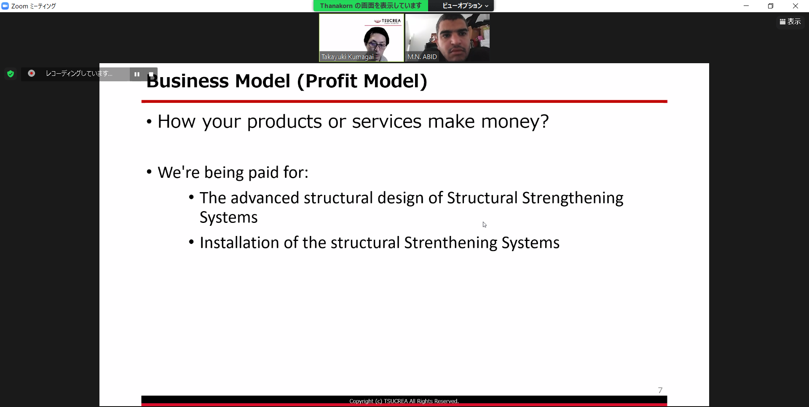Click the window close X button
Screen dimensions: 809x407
796,6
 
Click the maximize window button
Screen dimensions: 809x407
771,6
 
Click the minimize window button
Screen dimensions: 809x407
746,6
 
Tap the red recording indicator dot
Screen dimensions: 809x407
31,73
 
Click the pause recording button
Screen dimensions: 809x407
137,74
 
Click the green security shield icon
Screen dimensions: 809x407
11,74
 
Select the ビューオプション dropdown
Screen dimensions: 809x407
465,6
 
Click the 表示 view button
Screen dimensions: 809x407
790,21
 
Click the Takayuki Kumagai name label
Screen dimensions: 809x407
348,57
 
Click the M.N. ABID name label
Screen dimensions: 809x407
422,57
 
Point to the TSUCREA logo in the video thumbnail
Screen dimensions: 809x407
387,21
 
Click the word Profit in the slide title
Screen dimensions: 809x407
331,81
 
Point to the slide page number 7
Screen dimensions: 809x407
660,390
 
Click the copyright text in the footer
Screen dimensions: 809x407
404,401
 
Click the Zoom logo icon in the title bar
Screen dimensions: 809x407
5,6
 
